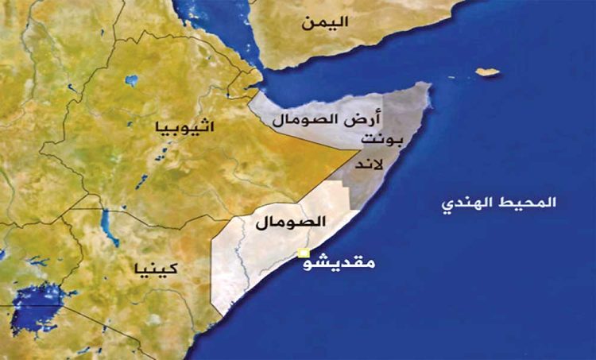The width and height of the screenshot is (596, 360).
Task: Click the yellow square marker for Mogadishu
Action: click(x=303, y=254)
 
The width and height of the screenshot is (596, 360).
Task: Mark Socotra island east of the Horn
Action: click(x=488, y=72)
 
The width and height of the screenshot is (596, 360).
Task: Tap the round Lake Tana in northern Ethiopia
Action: click(x=131, y=79)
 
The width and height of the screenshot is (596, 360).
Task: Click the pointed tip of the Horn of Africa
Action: click(x=430, y=85)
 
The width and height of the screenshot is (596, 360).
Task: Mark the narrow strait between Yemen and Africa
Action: click(x=258, y=77)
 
